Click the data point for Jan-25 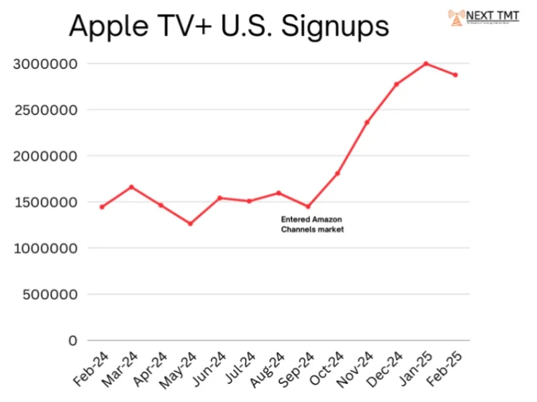click(426, 64)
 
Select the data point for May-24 click(191, 223)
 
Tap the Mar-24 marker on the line click(132, 187)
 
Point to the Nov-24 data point click(367, 122)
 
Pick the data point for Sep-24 click(308, 206)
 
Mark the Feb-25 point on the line click(455, 74)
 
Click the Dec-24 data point click(396, 84)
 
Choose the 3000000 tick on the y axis click(46, 64)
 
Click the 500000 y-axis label click(50, 294)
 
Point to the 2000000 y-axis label click(46, 156)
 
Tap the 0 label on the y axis click(73, 340)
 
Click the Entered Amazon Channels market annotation click(312, 224)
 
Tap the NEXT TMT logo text click(493, 15)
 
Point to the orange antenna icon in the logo click(456, 17)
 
